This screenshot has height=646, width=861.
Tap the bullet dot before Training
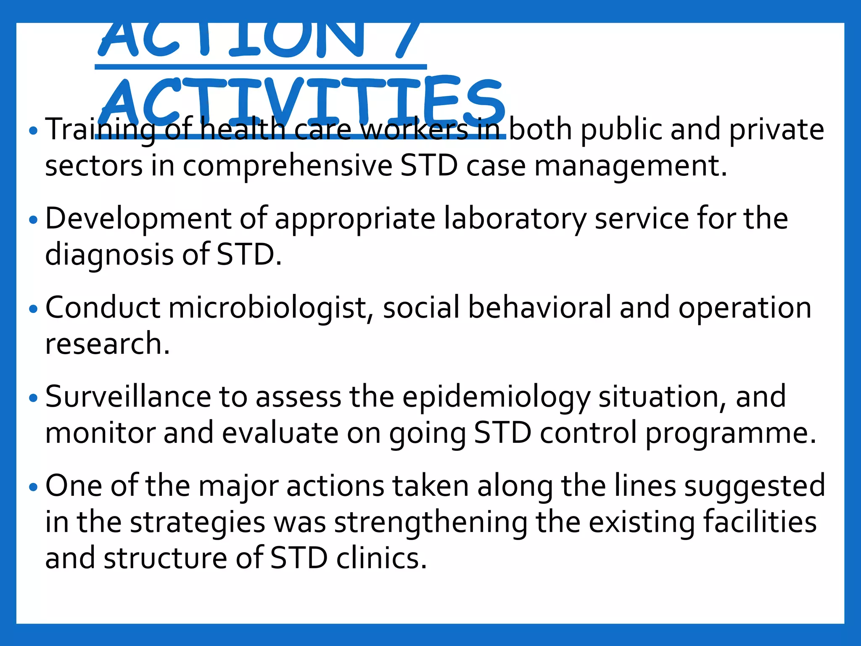point(34,131)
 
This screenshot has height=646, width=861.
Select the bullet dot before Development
point(34,220)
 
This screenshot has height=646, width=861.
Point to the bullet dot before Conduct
point(34,309)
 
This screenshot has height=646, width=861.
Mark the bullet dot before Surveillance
point(34,398)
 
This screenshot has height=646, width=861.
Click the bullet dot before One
point(34,487)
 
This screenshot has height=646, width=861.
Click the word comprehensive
point(288,167)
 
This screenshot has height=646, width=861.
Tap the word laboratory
point(515,219)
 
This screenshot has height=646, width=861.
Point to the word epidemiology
point(497,398)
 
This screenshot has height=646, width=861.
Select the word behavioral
point(540,308)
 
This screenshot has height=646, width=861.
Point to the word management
point(631,167)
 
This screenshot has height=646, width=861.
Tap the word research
point(107,344)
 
